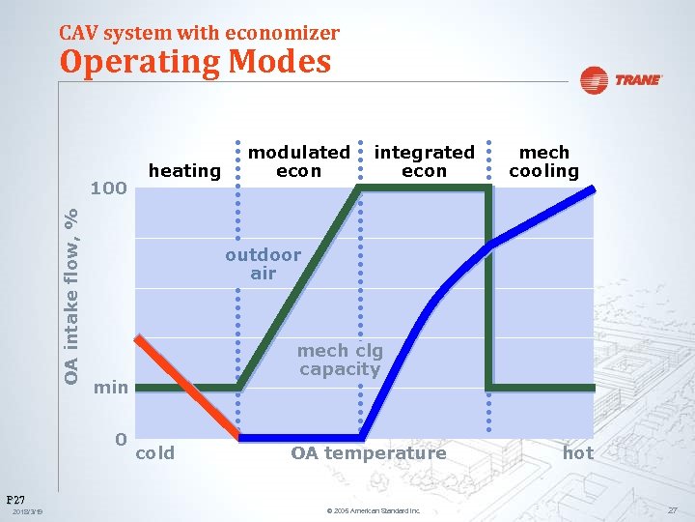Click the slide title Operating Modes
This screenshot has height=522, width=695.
pos(195,62)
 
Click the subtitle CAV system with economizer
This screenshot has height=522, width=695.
pos(199,33)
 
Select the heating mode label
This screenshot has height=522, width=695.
pos(184,171)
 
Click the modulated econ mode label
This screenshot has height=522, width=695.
pos(299,161)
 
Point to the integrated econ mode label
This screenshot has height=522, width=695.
pos(424,161)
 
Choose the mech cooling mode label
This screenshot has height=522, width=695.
pos(543,161)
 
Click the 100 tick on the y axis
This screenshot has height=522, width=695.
pos(108,188)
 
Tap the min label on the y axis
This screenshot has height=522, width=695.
pos(110,388)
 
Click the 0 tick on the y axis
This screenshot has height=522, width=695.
pos(121,440)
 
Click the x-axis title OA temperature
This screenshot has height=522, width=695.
pos(369,453)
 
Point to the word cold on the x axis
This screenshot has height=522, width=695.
pos(155,453)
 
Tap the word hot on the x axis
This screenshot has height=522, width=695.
pos(578,453)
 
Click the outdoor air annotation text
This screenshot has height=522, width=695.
pos(263,264)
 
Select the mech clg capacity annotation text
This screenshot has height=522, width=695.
pos(340,360)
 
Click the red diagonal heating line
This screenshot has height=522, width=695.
pos(188,387)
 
